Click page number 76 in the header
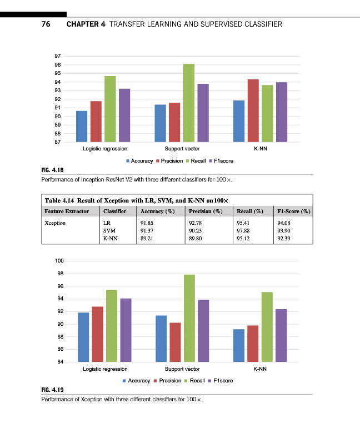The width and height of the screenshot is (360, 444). pos(46,24)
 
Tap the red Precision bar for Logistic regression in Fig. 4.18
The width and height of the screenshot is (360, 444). pos(96,122)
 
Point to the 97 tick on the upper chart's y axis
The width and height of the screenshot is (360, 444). pos(58,56)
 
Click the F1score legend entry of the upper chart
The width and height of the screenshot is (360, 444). pos(221,161)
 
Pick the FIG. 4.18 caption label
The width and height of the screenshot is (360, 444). pos(53,171)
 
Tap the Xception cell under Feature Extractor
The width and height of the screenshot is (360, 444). pos(55,223)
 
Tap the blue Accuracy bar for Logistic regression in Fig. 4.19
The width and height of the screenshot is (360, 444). pos(83,337)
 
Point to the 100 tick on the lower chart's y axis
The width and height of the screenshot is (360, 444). pos(59,261)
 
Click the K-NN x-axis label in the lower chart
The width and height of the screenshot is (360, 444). pos(259,369)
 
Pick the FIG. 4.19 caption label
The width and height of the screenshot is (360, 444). pos(53,390)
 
